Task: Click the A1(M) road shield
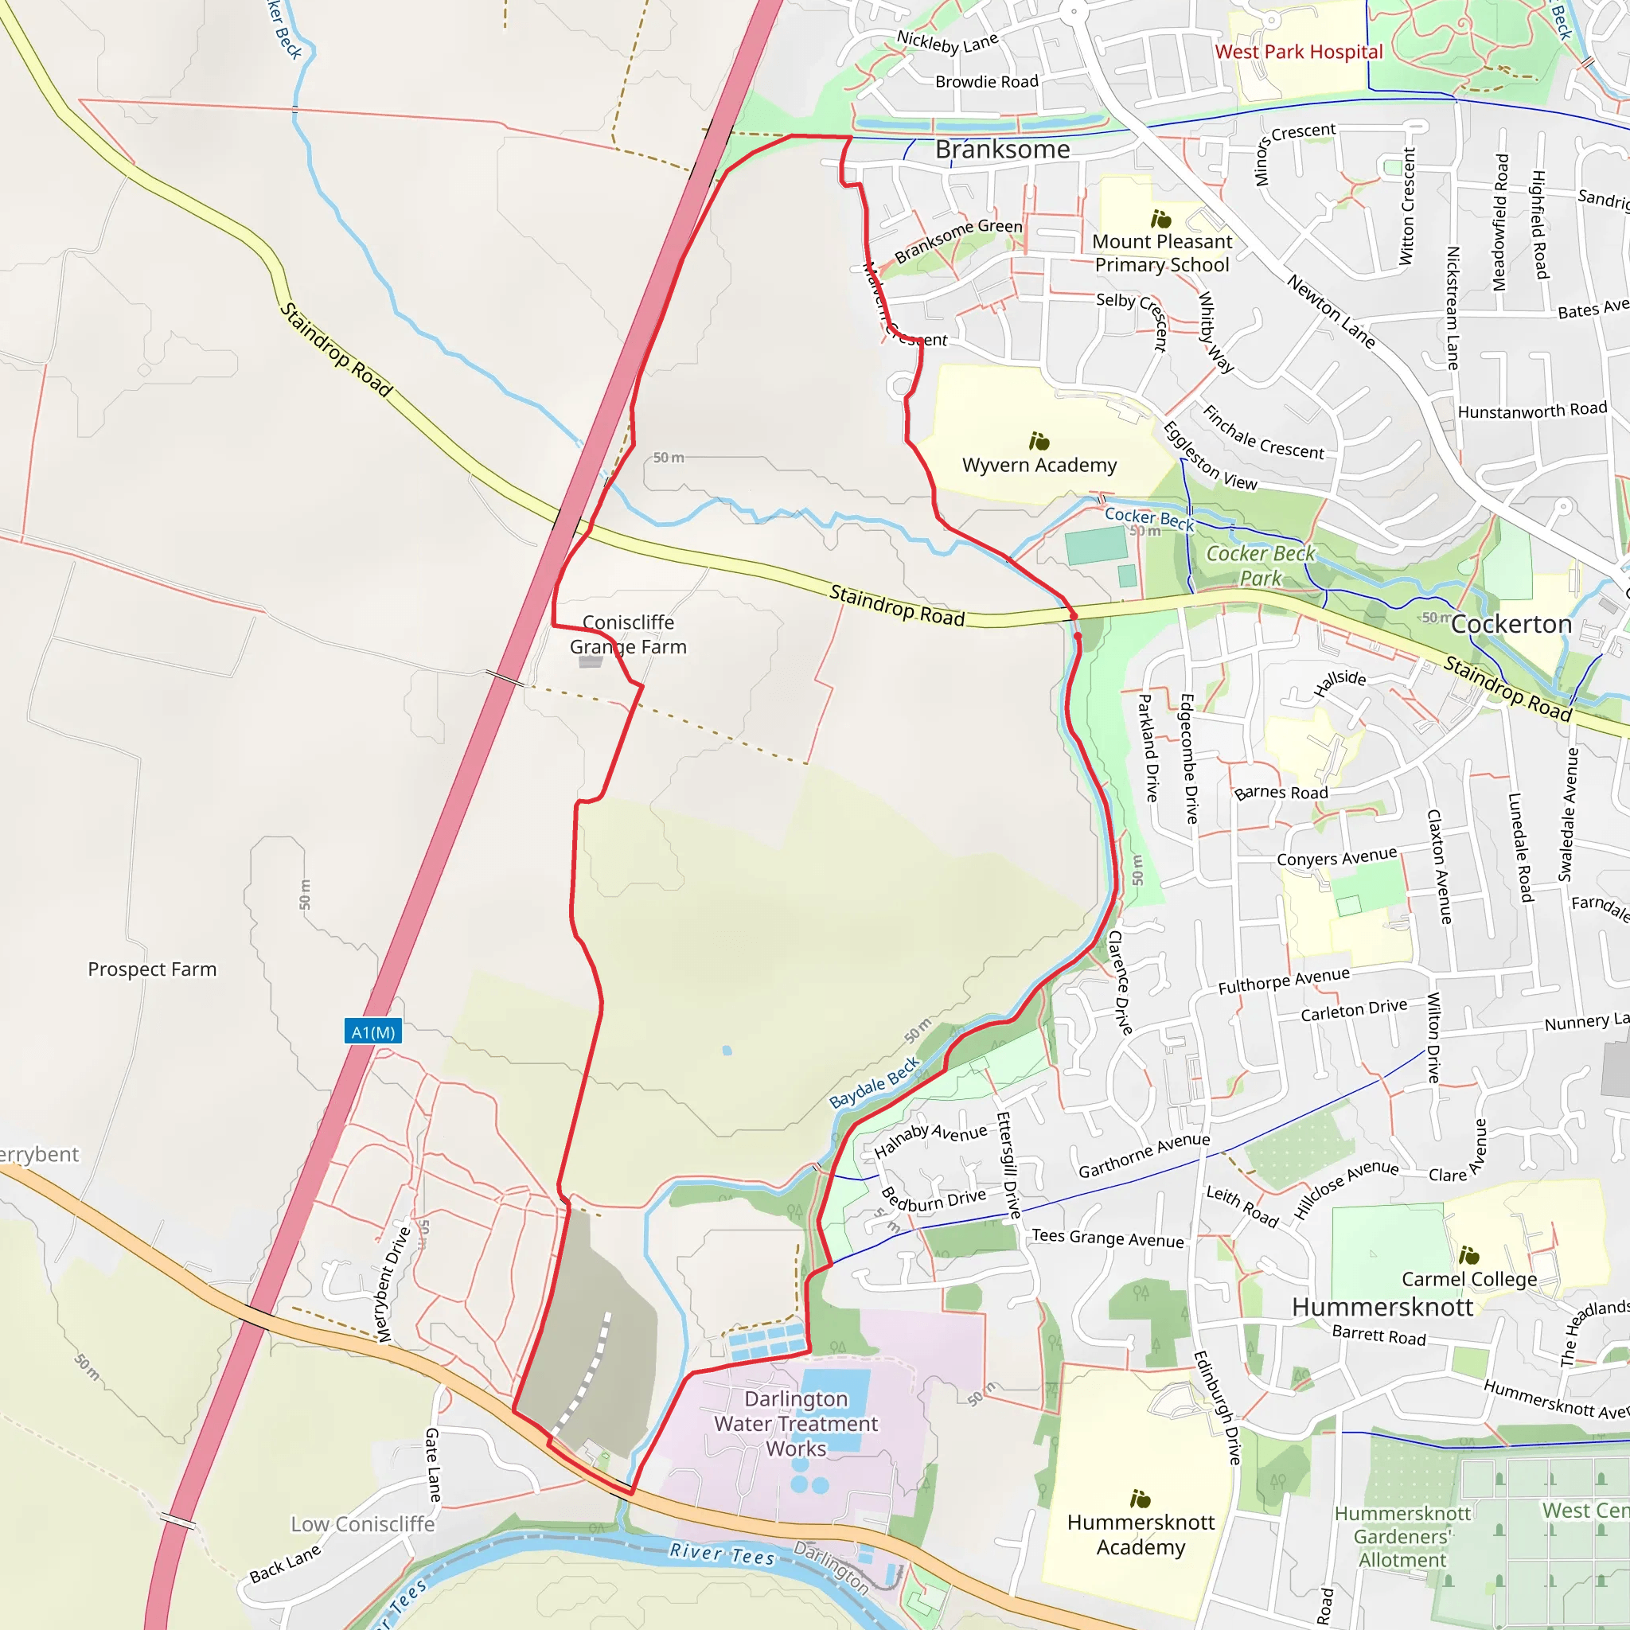373,1031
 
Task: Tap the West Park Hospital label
1298,52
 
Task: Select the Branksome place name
1002,150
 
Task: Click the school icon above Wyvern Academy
1039,441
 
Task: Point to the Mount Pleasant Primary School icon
1161,220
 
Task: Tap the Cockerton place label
1511,624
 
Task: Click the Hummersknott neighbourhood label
1382,1307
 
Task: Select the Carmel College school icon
1469,1254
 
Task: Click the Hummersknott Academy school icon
1140,1499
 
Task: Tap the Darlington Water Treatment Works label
796,1423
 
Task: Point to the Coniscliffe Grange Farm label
628,634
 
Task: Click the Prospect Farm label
152,969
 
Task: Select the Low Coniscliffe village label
363,1523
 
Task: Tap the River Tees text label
721,1554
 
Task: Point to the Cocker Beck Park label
1261,565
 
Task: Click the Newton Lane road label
1331,310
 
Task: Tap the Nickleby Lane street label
947,41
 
